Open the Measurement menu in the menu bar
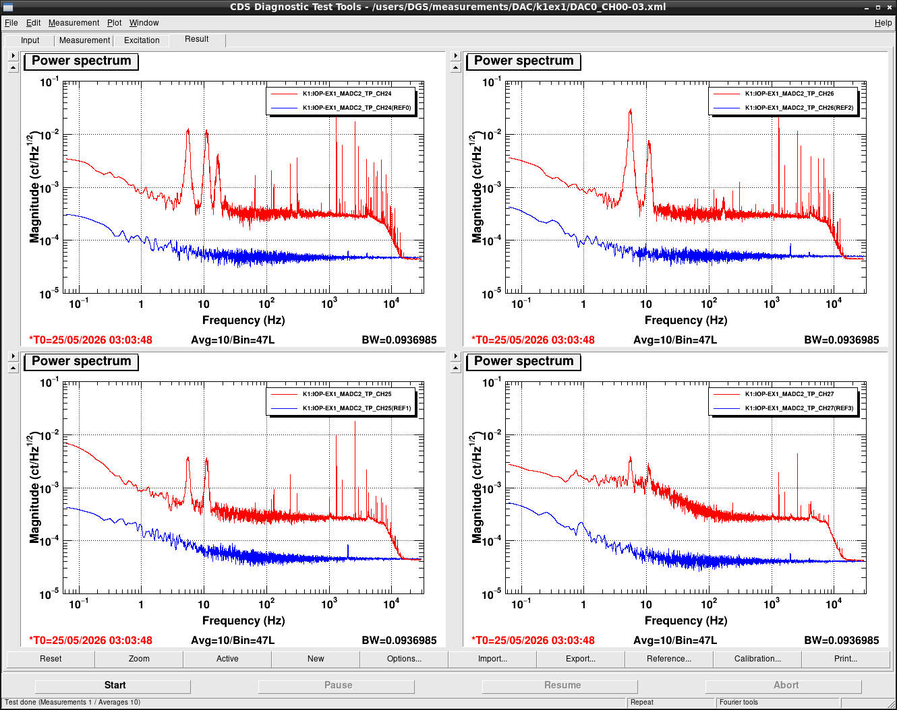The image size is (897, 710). (74, 23)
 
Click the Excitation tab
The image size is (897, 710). (142, 40)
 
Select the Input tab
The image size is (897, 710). (30, 40)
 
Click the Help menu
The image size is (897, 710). (883, 23)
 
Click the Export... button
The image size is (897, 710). (581, 659)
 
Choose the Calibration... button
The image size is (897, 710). (757, 659)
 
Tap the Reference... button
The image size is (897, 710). (669, 659)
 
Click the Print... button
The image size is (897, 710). (846, 659)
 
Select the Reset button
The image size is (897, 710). (51, 659)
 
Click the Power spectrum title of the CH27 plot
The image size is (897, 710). (523, 361)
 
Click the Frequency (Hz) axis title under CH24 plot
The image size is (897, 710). (244, 320)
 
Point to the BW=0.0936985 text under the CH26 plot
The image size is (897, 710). (841, 340)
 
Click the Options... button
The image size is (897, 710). (404, 659)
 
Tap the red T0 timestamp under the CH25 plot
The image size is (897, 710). (90, 641)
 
